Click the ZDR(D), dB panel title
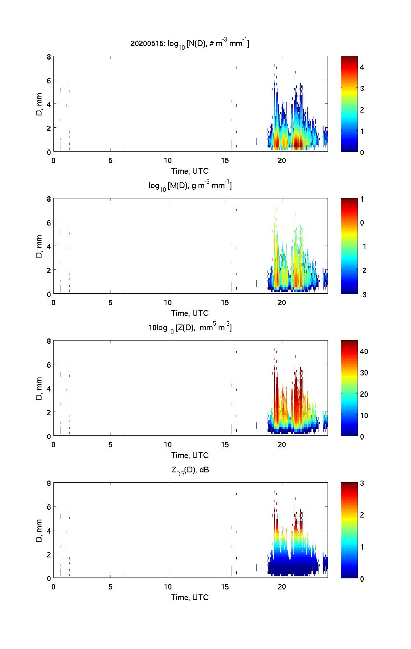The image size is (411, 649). click(190, 470)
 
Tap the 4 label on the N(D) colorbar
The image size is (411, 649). click(362, 67)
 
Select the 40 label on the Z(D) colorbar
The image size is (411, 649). click(364, 352)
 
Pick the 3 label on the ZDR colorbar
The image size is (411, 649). click(362, 483)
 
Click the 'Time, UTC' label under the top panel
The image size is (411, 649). click(190, 171)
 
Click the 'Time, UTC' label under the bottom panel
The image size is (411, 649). click(190, 597)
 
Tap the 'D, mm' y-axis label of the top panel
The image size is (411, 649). click(39, 104)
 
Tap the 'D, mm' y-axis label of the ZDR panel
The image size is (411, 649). click(39, 531)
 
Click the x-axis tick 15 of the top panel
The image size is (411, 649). click(225, 161)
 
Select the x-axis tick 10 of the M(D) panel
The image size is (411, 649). click(168, 303)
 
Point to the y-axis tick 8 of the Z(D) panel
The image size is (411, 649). click(48, 341)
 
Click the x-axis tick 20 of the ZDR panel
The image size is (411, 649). click(282, 587)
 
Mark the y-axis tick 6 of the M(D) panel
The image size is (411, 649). click(48, 222)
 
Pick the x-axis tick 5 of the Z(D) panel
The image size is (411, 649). click(111, 445)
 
